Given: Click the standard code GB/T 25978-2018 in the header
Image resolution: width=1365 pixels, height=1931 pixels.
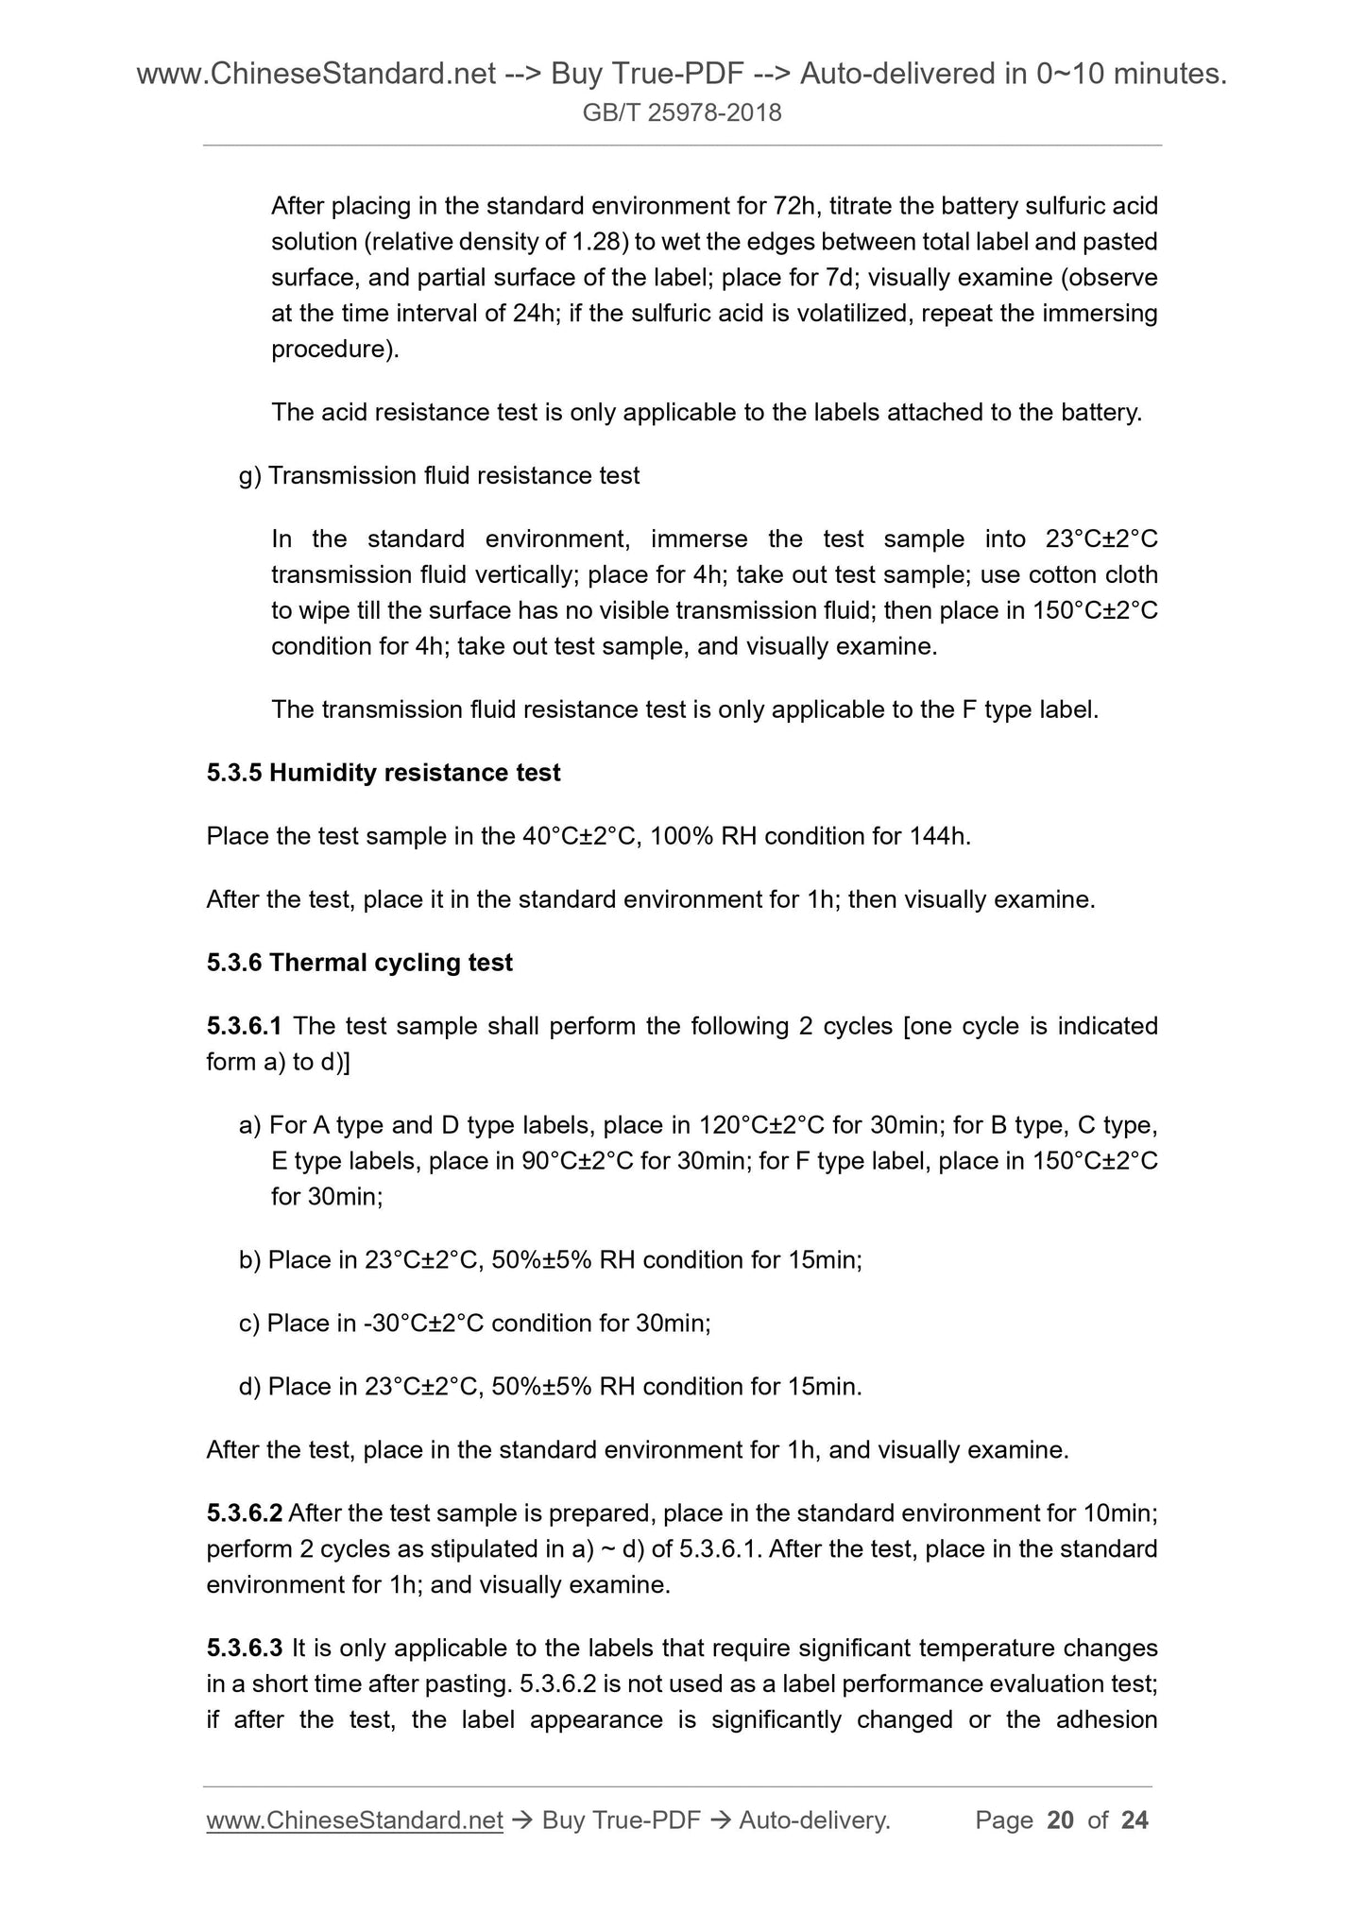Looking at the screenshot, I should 682,113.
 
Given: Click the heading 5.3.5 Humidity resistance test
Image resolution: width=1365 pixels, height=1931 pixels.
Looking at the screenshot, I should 383,773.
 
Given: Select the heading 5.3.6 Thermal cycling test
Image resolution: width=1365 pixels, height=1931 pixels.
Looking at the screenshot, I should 359,963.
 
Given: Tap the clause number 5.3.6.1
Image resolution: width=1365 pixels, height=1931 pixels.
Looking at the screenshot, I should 245,1026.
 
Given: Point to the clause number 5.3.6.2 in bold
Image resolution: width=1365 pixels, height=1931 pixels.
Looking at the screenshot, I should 245,1513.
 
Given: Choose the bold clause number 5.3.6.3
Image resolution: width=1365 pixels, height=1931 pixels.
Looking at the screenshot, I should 245,1649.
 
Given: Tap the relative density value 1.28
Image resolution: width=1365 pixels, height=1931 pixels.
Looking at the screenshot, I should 596,242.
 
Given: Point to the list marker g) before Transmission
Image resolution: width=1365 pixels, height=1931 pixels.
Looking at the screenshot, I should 250,475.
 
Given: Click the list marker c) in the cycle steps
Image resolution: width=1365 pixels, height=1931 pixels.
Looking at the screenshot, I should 249,1324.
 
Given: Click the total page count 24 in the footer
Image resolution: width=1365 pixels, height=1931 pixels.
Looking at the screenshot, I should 1134,1820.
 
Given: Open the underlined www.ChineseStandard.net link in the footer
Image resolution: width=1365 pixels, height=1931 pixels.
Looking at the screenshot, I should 354,1820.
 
